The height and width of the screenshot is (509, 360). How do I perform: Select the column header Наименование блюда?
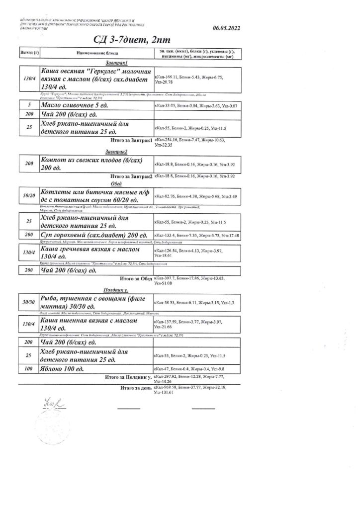click(x=98, y=52)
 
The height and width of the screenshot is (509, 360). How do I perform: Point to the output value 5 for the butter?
click(x=29, y=106)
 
